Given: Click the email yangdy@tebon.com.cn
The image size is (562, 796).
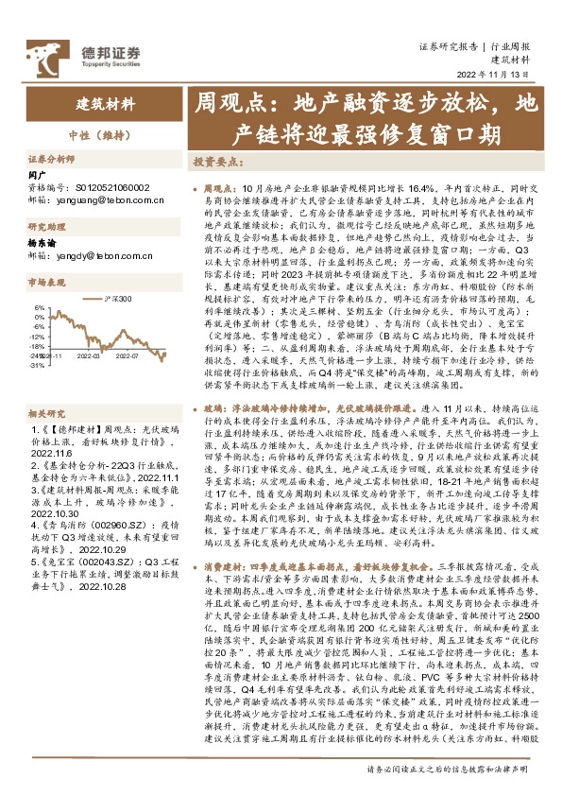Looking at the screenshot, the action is click(x=104, y=255).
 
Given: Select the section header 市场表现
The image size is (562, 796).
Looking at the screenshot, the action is click(x=45, y=283).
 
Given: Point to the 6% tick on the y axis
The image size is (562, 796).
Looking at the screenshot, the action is click(x=39, y=308).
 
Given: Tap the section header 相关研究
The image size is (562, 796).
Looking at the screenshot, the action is click(x=45, y=413).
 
